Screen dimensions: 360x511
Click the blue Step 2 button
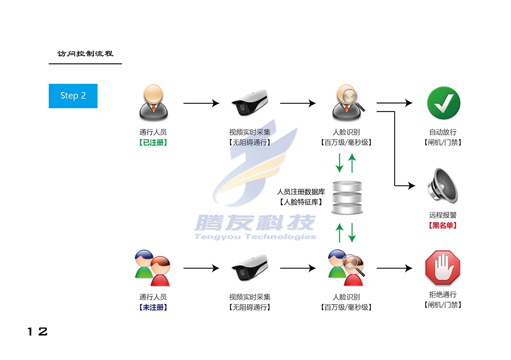click(73, 96)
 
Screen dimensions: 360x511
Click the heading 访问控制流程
click(85, 54)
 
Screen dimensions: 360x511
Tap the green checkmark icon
click(443, 103)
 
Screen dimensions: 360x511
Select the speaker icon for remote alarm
click(443, 186)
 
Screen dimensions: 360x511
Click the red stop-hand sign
click(443, 269)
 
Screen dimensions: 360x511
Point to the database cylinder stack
click(347, 198)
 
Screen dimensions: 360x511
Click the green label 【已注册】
click(153, 143)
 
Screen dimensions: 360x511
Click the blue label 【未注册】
click(153, 307)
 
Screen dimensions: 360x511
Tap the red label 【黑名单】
click(443, 226)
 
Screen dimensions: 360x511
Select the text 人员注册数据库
click(301, 192)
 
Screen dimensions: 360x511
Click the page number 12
click(37, 332)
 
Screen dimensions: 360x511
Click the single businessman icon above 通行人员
click(153, 103)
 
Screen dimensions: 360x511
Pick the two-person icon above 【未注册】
click(152, 268)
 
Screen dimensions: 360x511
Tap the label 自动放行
click(443, 132)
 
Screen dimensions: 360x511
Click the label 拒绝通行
click(443, 294)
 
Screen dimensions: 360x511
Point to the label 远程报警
click(443, 215)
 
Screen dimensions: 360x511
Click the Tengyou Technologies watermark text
click(255, 237)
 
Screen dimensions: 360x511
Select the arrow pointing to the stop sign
click(394, 269)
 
